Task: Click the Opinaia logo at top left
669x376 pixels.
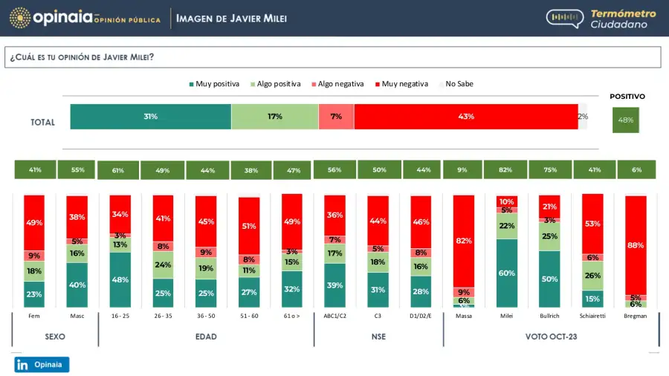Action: [85, 17]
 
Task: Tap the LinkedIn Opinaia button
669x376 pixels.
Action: [42, 365]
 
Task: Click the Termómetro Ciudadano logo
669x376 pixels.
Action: [602, 19]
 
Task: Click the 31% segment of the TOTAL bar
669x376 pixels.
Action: [151, 117]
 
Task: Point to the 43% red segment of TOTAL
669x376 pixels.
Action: [466, 117]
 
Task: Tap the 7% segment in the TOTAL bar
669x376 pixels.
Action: [336, 117]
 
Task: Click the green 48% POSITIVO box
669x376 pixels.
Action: [625, 120]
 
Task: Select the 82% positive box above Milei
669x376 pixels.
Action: [505, 169]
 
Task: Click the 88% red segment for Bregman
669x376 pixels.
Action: [636, 244]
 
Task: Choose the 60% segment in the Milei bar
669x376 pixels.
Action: [505, 273]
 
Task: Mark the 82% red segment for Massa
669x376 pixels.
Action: [464, 241]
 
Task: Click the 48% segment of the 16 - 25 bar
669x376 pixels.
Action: [120, 279]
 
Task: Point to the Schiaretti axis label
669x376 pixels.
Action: [593, 316]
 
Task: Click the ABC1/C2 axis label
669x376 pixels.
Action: [334, 316]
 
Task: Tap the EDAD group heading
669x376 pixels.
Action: [206, 337]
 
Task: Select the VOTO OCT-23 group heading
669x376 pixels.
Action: [551, 337]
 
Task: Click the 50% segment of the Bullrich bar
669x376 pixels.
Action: [549, 279]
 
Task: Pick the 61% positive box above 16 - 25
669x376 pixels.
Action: [118, 169]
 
